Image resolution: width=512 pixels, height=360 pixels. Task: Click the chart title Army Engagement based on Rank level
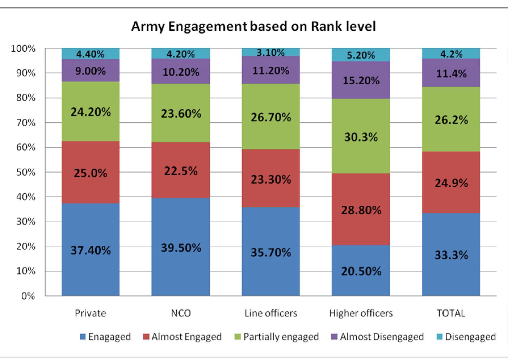click(253, 26)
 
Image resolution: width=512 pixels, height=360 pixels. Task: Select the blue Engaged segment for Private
click(90, 250)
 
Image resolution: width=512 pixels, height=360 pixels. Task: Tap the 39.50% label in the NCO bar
click(181, 248)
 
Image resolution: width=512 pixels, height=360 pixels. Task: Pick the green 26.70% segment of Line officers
click(271, 117)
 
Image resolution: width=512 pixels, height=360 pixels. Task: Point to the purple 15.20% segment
click(361, 80)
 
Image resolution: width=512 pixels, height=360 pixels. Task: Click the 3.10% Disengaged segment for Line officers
click(271, 52)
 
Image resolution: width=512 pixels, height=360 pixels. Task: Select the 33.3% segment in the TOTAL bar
click(451, 255)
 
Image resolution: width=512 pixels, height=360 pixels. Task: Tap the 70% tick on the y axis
click(28, 123)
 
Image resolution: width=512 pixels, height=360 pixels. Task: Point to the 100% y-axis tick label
click(23, 49)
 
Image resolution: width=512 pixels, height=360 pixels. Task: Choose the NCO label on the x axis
click(181, 313)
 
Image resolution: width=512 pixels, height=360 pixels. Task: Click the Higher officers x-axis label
click(361, 313)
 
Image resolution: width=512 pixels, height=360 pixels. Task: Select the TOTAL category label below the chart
click(451, 313)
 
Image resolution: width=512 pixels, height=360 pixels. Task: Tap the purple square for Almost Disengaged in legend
click(335, 337)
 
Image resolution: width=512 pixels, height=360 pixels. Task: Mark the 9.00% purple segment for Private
click(90, 71)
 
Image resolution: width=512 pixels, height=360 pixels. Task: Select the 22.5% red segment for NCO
click(181, 171)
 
